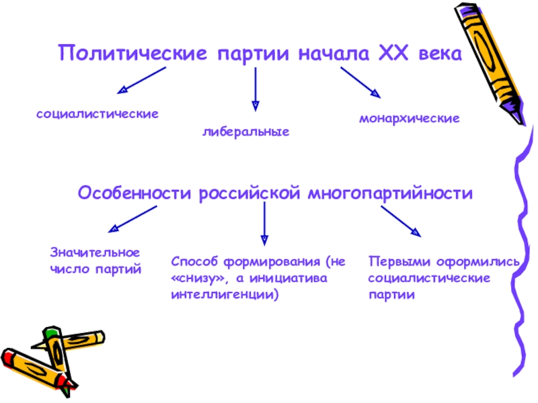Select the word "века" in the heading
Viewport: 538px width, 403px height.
tap(440, 53)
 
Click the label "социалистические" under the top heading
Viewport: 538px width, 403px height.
tap(98, 114)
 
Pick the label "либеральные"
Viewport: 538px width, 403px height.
tap(246, 132)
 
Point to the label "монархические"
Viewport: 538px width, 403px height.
tap(409, 118)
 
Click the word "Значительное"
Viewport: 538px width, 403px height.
tap(95, 253)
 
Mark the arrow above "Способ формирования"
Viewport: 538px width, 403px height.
tap(264, 224)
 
